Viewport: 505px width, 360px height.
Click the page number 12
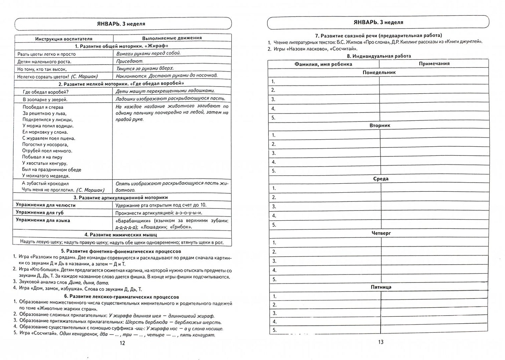click(122, 343)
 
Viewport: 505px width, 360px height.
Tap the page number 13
click(381, 342)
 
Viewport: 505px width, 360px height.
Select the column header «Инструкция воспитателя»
click(64, 39)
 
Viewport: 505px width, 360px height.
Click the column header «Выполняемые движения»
click(172, 38)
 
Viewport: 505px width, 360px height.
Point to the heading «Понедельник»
click(379, 72)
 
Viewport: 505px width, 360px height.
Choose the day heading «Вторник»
click(380, 125)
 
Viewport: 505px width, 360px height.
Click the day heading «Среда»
click(381, 179)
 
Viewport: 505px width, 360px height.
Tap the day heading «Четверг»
click(381, 233)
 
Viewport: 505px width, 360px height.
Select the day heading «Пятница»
click(381, 287)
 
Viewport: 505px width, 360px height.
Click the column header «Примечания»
click(434, 64)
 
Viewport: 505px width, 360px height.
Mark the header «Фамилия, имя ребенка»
click(323, 64)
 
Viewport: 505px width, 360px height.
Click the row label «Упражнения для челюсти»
click(45, 205)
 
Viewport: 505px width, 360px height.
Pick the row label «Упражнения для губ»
click(39, 213)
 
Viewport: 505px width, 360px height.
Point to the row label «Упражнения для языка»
click(43, 220)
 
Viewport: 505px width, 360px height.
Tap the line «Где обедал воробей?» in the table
click(45, 92)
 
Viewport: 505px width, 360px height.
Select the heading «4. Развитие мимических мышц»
click(121, 235)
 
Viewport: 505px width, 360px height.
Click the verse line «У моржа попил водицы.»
click(48, 126)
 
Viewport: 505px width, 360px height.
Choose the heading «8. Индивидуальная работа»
click(378, 56)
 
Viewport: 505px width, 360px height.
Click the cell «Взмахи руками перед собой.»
click(148, 53)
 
